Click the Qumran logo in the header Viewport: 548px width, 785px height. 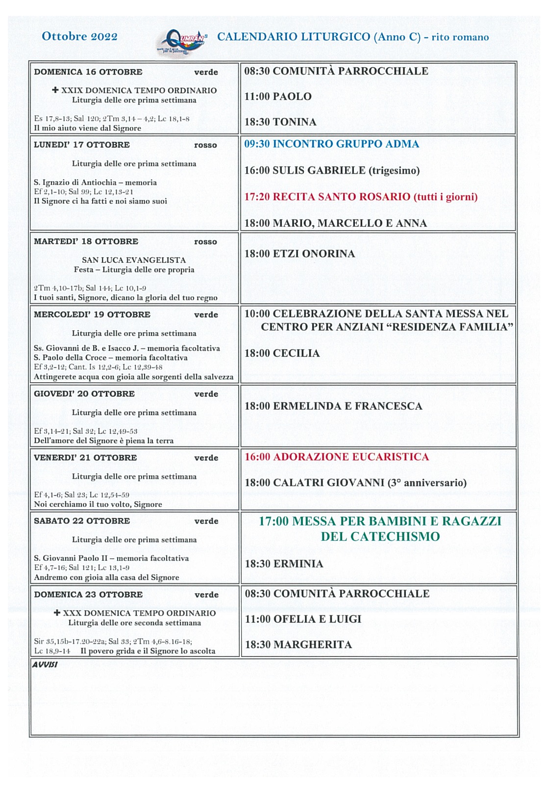[x=183, y=41]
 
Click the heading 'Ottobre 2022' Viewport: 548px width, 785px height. [x=79, y=36]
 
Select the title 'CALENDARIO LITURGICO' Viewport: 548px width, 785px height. [x=294, y=37]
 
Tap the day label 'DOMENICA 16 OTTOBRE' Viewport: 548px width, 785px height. [x=88, y=72]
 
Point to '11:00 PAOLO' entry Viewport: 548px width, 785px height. [x=278, y=97]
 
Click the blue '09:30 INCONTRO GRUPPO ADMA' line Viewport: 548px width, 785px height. [x=332, y=144]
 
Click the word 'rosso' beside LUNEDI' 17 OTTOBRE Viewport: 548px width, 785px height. [x=205, y=145]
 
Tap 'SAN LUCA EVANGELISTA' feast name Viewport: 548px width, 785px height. [x=134, y=260]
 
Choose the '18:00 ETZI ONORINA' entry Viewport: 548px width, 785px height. [x=299, y=254]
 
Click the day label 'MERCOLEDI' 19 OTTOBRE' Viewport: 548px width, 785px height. [x=92, y=314]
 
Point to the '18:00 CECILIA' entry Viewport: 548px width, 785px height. [x=282, y=353]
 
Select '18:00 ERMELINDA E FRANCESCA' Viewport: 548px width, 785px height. [x=333, y=406]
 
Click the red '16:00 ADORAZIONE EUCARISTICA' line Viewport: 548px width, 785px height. [x=337, y=457]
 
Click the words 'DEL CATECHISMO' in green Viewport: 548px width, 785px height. [x=380, y=537]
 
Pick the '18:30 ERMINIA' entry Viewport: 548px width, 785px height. [x=284, y=564]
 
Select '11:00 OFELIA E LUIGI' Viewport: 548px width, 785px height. [x=303, y=619]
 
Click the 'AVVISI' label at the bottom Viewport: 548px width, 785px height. [x=45, y=665]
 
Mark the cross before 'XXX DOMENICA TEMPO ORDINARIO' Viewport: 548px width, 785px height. [x=57, y=613]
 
